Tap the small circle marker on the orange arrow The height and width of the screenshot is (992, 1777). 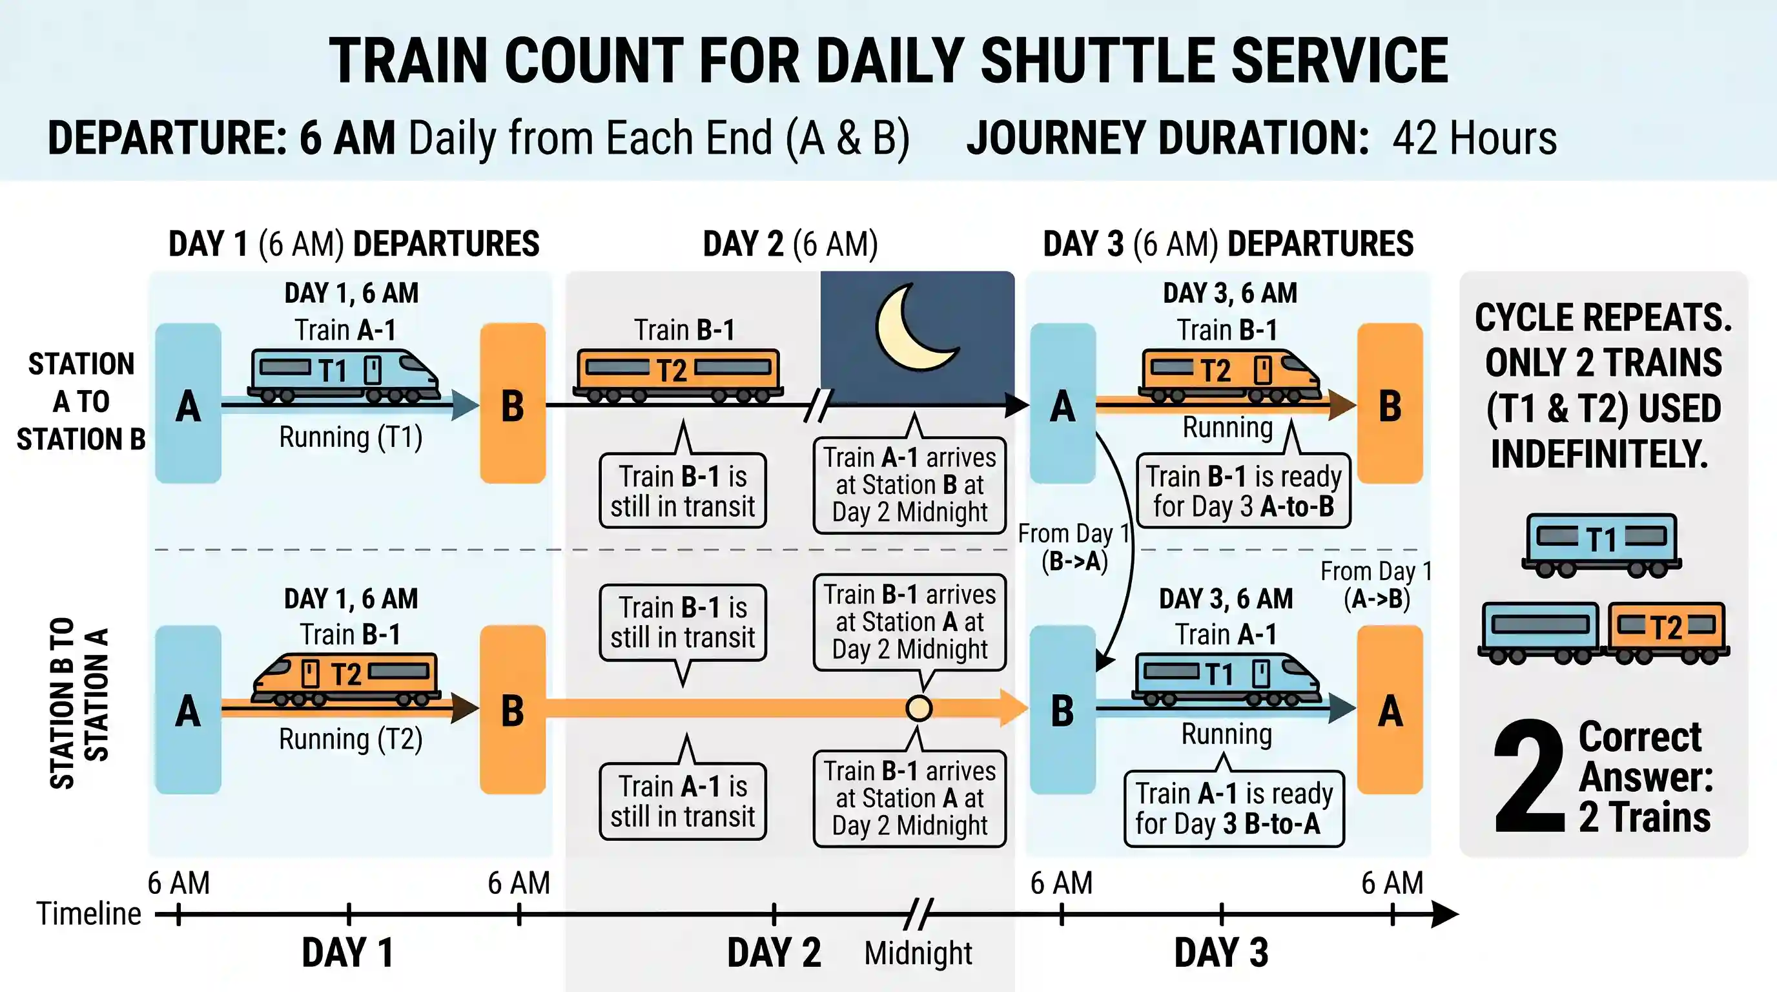919,708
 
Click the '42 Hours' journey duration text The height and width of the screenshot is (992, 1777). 1474,138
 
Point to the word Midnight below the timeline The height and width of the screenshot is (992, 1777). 918,953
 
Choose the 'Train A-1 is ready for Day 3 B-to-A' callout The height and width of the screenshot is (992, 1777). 1234,809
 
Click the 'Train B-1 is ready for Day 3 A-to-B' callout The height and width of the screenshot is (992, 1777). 1244,490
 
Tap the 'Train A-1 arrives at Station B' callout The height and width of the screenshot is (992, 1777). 910,485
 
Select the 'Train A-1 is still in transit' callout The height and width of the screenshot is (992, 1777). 683,801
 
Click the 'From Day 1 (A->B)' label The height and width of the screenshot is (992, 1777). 1377,585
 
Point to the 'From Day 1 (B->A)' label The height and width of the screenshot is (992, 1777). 1074,547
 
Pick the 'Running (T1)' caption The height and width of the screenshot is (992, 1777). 351,437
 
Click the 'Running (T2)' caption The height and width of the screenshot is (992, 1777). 351,739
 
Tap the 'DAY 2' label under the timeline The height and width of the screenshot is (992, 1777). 774,953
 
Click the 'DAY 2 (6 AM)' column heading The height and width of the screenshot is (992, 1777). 790,244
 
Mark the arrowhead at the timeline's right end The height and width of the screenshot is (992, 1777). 1445,914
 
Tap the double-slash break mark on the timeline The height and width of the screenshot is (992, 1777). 919,914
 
